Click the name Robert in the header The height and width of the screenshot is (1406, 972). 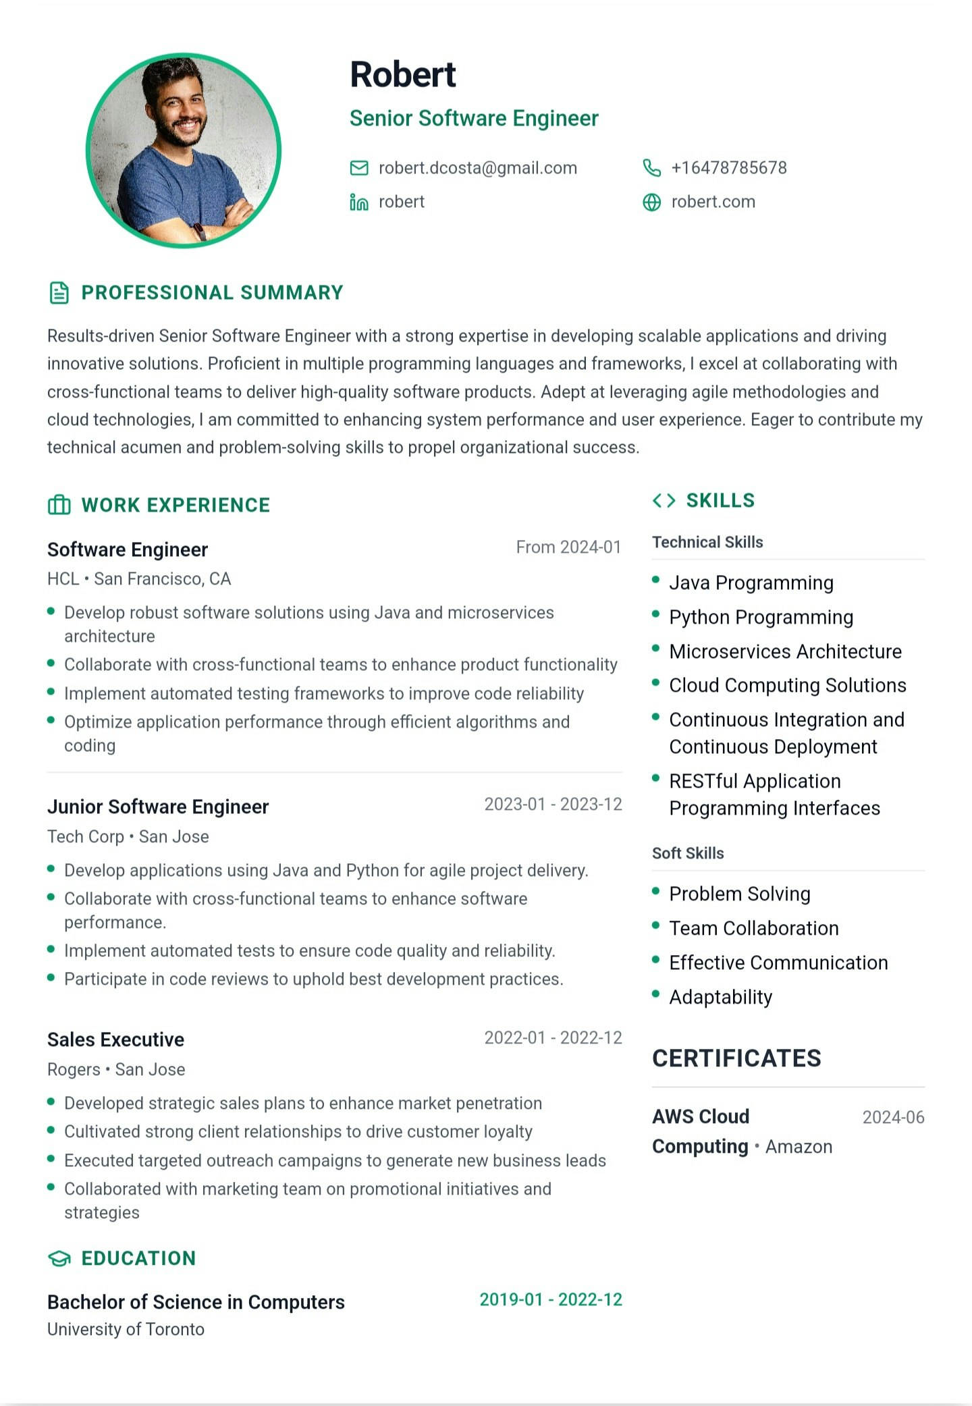tap(403, 74)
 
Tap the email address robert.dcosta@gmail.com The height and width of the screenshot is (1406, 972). tap(477, 168)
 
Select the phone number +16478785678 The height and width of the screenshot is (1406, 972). tap(728, 168)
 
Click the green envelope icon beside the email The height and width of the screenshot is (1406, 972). tap(359, 168)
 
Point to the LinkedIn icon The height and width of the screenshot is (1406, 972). tap(359, 202)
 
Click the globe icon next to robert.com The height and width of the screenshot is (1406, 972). tap(651, 202)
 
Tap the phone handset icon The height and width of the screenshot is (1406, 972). tap(651, 168)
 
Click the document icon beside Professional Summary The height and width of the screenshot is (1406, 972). tap(59, 293)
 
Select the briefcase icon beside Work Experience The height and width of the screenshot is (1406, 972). tap(59, 505)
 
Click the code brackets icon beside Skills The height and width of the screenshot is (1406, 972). tap(664, 500)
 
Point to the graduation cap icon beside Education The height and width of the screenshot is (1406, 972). tap(59, 1258)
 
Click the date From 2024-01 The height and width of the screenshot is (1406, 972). tap(568, 547)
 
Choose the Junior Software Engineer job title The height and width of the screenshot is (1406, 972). tap(158, 807)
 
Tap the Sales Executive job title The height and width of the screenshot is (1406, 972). tap(115, 1039)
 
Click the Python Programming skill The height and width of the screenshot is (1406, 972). tap(761, 617)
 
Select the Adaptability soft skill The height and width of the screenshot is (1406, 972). tap(720, 997)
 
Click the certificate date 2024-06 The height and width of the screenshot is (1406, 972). tap(893, 1117)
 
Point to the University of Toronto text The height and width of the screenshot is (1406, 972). tap(126, 1329)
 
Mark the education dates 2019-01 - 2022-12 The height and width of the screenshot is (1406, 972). tap(551, 1299)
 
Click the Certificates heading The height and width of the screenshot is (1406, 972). tap(736, 1058)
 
